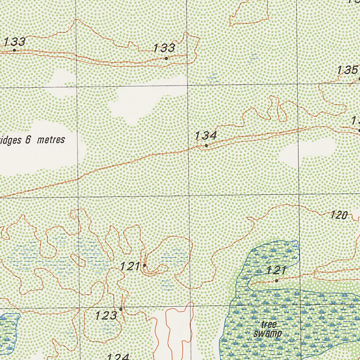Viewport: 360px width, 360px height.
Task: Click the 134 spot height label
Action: [x=206, y=135]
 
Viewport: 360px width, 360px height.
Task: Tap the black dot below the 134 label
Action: [x=206, y=145]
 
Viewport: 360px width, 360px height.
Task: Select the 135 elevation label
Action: [x=348, y=70]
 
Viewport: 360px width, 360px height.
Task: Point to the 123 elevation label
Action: [x=106, y=315]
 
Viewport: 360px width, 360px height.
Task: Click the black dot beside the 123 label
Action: [x=121, y=309]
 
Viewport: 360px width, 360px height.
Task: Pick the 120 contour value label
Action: [x=339, y=215]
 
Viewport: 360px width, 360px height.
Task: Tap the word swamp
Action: [x=268, y=333]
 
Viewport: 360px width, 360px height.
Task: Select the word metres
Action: [x=51, y=140]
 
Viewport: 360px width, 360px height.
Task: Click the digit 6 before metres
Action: [x=28, y=140]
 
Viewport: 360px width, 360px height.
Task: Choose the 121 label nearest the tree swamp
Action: [x=276, y=271]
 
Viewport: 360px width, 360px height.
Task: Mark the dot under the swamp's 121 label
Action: [x=277, y=281]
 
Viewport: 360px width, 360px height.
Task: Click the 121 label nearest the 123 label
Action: [x=130, y=266]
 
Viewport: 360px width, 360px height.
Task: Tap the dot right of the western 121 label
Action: [x=144, y=265]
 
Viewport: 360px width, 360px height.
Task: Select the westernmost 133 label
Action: [x=15, y=42]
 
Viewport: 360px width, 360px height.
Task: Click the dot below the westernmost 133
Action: [x=14, y=50]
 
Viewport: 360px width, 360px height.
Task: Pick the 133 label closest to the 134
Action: [x=164, y=48]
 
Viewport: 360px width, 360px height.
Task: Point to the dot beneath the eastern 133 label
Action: [x=166, y=58]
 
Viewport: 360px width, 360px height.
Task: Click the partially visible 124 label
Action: [x=118, y=356]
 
